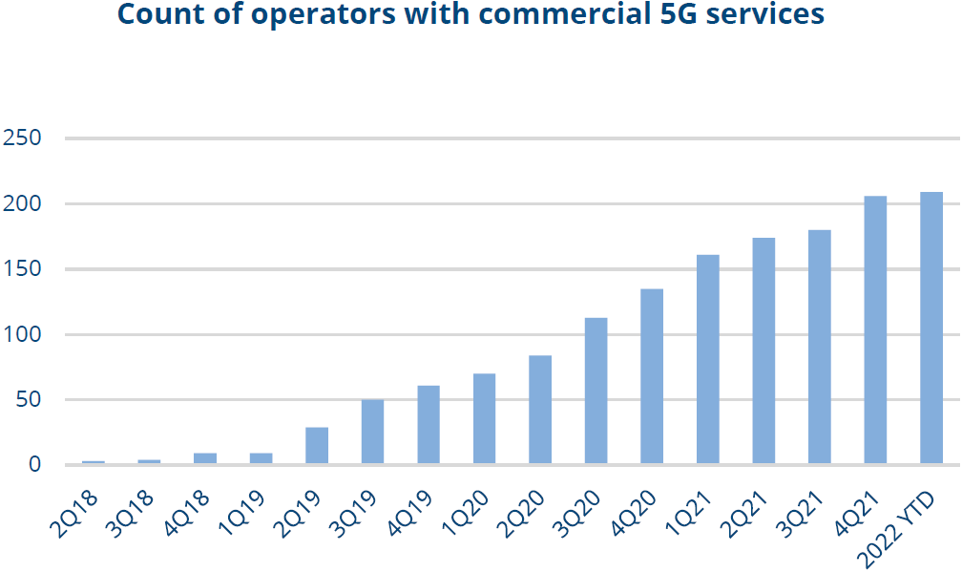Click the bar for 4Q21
point(875,330)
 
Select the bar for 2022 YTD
point(931,328)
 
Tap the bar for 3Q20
point(596,392)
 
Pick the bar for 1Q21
point(708,359)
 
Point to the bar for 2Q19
point(317,446)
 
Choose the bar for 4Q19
point(429,425)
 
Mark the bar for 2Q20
point(540,410)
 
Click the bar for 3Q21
point(820,347)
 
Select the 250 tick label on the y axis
point(22,138)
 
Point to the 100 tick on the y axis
point(22,334)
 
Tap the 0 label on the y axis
point(33,465)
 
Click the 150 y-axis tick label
point(22,269)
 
